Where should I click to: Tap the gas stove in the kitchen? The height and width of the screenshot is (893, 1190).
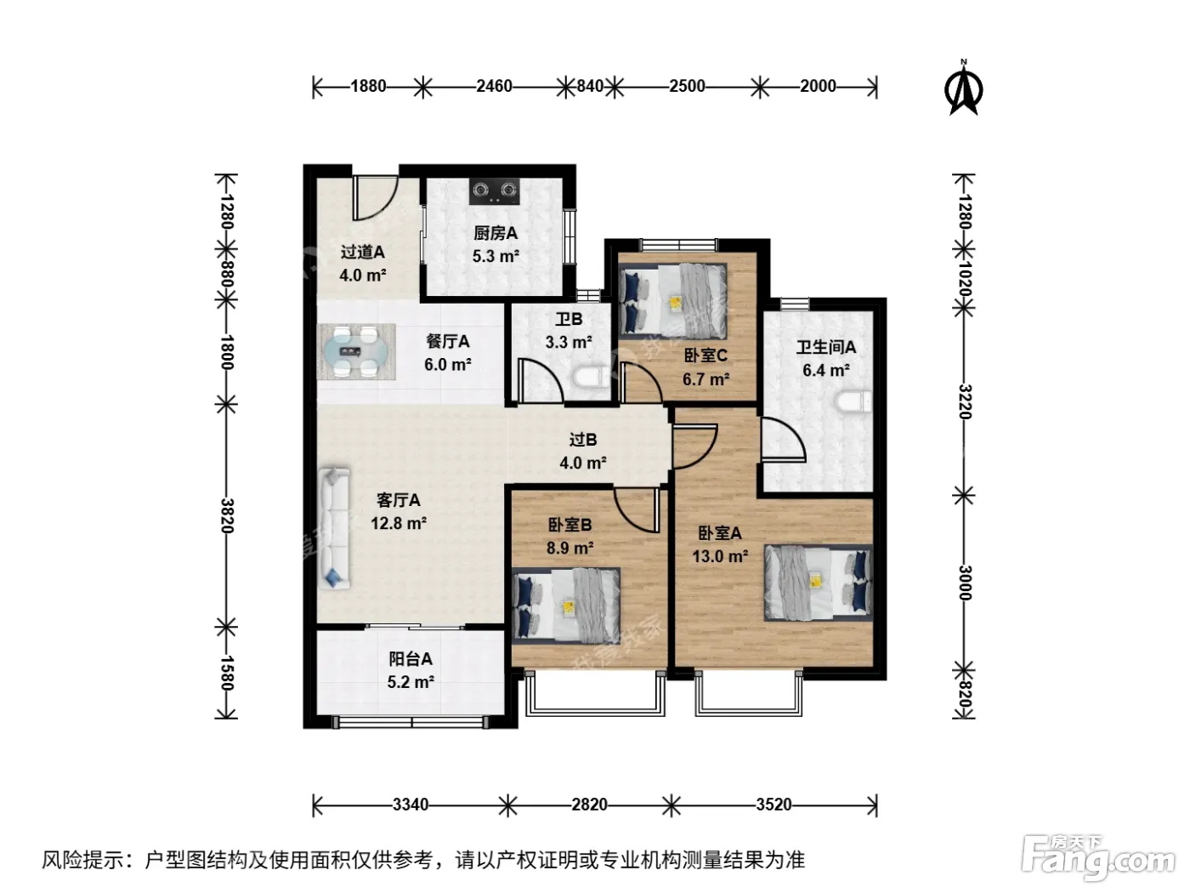(x=494, y=191)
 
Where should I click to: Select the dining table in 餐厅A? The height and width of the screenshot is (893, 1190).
(x=356, y=352)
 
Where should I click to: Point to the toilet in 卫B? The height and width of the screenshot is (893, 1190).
(x=591, y=377)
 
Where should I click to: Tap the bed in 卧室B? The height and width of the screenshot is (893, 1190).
(x=566, y=605)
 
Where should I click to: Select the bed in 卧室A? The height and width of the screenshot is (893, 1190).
(x=818, y=583)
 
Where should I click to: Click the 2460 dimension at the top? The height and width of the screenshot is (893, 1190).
(x=494, y=86)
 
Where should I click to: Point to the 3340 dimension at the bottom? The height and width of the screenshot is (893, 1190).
(x=411, y=804)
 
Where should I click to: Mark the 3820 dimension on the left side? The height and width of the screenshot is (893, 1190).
(x=227, y=515)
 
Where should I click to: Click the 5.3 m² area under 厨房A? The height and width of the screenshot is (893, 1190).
(x=496, y=256)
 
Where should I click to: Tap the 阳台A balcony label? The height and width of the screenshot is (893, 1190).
(x=411, y=659)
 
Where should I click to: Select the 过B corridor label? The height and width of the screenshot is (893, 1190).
(x=583, y=439)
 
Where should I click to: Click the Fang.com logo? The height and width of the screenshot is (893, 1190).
(x=1098, y=858)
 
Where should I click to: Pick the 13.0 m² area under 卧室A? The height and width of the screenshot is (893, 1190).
(x=720, y=556)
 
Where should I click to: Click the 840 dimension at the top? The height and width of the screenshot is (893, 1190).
(x=590, y=86)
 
